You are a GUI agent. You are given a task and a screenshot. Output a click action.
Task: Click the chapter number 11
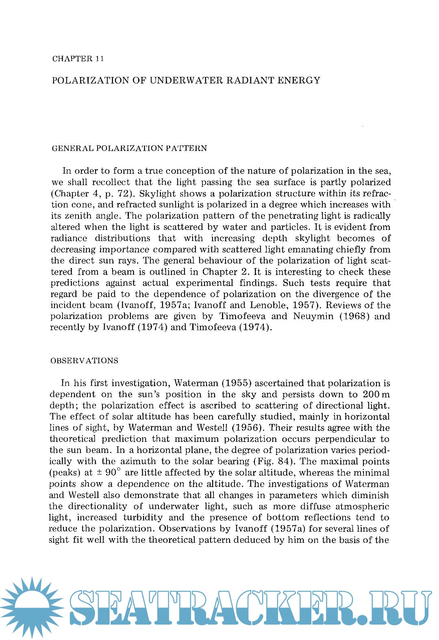click(x=100, y=59)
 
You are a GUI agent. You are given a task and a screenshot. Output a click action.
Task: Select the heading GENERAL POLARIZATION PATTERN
click(x=129, y=148)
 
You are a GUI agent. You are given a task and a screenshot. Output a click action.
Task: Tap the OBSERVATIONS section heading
click(x=84, y=360)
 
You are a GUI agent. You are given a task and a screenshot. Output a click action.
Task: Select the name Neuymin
click(x=313, y=316)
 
